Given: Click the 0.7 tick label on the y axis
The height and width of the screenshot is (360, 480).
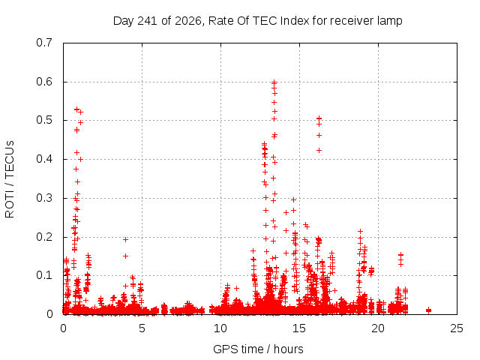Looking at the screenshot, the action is pos(44,43).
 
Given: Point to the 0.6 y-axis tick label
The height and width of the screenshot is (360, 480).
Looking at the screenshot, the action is pos(44,82).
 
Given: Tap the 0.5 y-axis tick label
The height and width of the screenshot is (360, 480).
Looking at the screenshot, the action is pos(44,120).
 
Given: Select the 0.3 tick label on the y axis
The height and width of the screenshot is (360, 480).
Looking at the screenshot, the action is pos(44,198).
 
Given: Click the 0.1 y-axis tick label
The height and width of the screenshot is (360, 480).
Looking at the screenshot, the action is pos(44,275).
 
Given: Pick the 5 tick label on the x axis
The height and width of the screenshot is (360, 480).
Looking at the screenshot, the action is pos(142,328).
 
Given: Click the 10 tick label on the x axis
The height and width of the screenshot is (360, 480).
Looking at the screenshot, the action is pos(220,328).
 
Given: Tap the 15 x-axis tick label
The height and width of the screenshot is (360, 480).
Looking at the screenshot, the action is pos(299,328).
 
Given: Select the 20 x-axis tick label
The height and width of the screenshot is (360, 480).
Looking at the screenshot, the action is pos(378,328).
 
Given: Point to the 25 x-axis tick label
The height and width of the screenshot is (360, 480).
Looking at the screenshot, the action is pos(457,328).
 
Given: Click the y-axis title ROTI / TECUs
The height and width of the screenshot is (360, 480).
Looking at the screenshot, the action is pos(10,179).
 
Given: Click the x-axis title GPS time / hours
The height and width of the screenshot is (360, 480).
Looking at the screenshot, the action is pos(258,349).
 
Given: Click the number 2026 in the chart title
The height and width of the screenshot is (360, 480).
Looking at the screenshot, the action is pos(188,21).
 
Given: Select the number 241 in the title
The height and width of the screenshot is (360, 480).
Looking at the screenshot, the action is pos(147,21).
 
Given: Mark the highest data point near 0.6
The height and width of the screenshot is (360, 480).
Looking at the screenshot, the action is pos(274,82).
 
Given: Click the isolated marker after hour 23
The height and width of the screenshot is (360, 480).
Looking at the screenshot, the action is pos(428,310).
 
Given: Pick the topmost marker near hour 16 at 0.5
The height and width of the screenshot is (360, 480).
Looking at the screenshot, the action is pos(319,118).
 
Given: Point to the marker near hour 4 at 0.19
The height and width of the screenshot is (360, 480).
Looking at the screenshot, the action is pos(125,239).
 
